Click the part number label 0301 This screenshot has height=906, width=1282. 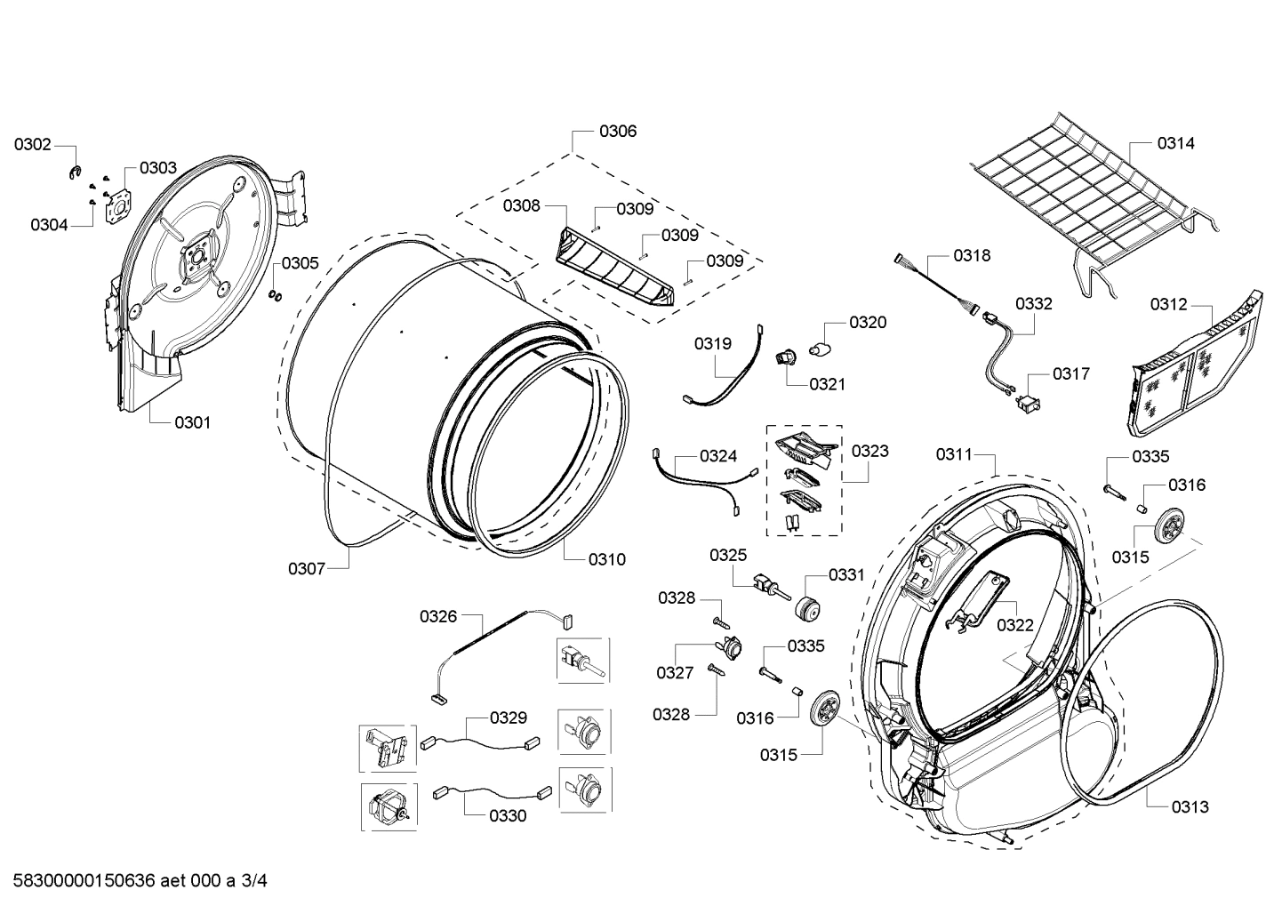(x=192, y=422)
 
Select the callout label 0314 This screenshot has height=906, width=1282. (x=1175, y=143)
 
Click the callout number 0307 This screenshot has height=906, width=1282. (x=306, y=568)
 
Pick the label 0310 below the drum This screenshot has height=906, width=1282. (x=606, y=559)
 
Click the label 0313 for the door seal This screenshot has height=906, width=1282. (x=1189, y=806)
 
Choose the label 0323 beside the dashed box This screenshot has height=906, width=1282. (x=869, y=451)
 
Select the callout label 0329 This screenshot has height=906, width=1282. (x=508, y=718)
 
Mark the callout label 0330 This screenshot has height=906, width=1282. (x=507, y=815)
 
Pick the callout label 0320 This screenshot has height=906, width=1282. (x=867, y=322)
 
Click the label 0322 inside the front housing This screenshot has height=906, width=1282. (x=1014, y=625)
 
